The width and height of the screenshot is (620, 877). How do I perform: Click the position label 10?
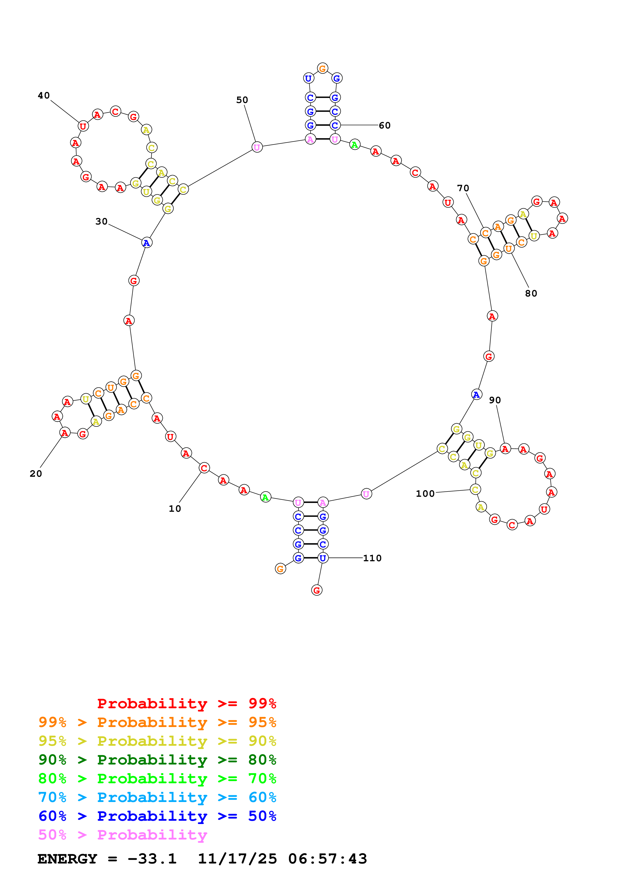tap(175, 508)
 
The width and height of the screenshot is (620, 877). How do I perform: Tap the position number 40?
tap(44, 95)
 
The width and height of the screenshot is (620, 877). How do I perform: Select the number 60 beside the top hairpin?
tap(384, 125)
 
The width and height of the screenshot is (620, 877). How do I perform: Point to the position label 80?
tap(531, 293)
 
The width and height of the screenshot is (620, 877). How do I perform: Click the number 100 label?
tap(425, 493)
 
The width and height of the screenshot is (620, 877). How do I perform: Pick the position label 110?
tap(372, 558)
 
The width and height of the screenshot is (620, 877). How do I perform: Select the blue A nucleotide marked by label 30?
tap(147, 242)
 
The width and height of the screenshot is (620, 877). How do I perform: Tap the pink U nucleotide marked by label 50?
tap(257, 147)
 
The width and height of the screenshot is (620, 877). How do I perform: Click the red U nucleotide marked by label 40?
tap(83, 126)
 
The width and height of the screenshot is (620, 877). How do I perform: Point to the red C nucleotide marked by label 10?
tap(204, 468)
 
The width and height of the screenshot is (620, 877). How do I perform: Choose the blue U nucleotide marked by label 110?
tap(323, 558)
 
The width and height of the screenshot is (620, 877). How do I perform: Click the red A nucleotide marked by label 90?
tap(505, 449)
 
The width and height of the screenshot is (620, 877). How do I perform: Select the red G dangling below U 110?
tap(317, 590)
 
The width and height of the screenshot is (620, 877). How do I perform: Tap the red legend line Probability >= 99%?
tap(186, 703)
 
